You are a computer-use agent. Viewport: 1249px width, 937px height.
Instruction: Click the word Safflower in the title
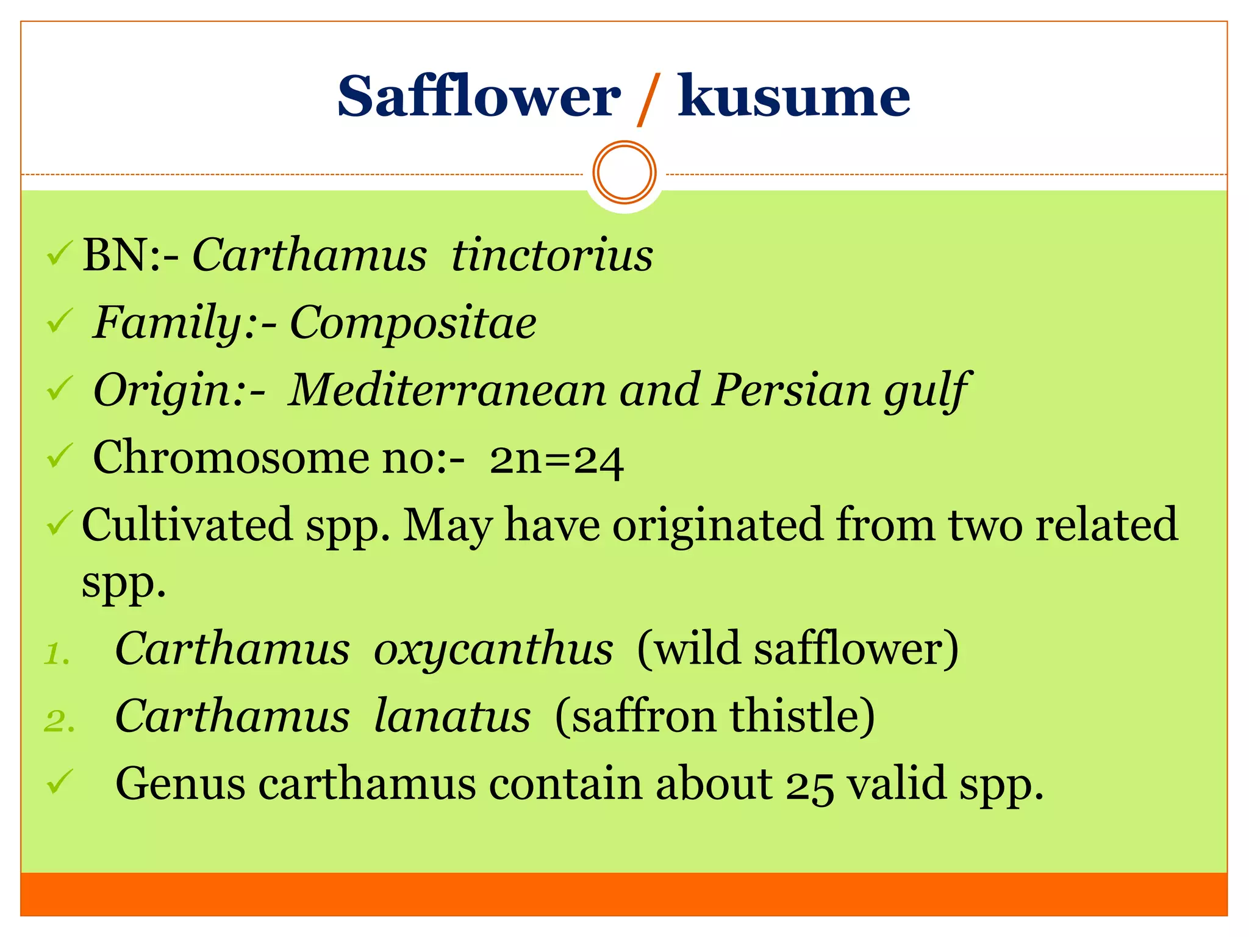pos(479,96)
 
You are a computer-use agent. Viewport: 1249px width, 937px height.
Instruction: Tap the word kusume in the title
pos(794,96)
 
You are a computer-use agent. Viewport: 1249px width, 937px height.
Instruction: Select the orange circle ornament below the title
pos(624,173)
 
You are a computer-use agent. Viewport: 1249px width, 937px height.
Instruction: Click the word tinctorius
pos(552,255)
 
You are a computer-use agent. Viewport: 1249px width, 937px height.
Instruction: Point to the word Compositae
pos(413,323)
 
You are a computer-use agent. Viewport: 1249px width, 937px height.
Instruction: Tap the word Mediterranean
pos(447,390)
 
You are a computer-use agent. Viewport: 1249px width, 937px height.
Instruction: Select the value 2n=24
pos(556,459)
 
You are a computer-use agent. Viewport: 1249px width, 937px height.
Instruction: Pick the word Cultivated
pos(187,525)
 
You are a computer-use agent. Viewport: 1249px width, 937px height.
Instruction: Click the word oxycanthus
pos(493,649)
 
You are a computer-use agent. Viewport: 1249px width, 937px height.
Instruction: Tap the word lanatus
pos(452,716)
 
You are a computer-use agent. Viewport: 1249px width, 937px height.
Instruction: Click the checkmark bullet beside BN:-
pos(60,254)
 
